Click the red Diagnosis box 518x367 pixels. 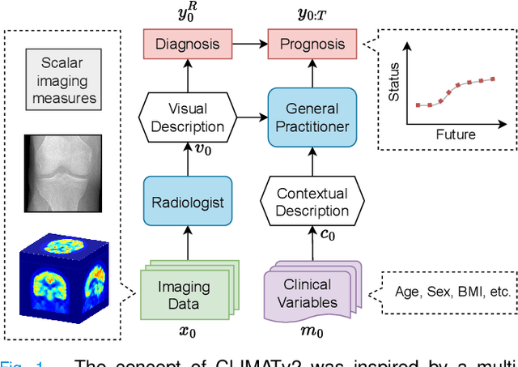click(186, 45)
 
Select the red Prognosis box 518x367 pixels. click(312, 45)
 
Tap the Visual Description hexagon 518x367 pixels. click(186, 117)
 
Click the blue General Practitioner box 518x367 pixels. click(312, 117)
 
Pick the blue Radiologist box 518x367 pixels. click(186, 203)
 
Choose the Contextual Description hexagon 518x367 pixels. click(312, 203)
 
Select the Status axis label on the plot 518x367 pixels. click(393, 86)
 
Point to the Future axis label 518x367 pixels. click(454, 134)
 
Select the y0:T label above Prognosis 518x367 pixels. click(311, 14)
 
